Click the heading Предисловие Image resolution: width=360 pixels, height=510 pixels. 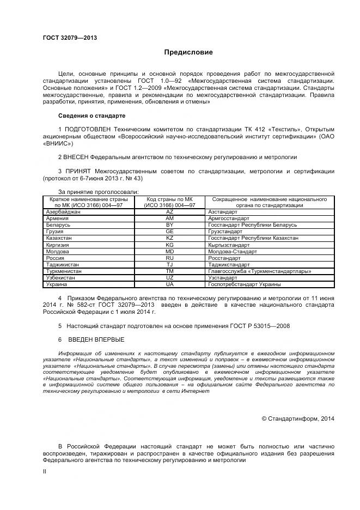coord(188,53)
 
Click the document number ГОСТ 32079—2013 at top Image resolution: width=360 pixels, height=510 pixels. coord(70,38)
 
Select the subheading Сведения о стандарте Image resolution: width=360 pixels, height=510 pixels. coord(92,116)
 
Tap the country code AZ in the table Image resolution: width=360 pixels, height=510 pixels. coord(169,211)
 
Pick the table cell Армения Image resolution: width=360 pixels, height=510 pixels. coord(58,218)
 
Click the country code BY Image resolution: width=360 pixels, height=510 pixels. coord(169,224)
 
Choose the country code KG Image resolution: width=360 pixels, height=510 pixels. coord(169,245)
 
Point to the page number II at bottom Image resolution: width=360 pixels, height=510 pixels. coord(45,472)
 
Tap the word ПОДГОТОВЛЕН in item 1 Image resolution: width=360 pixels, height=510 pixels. coord(88,129)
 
